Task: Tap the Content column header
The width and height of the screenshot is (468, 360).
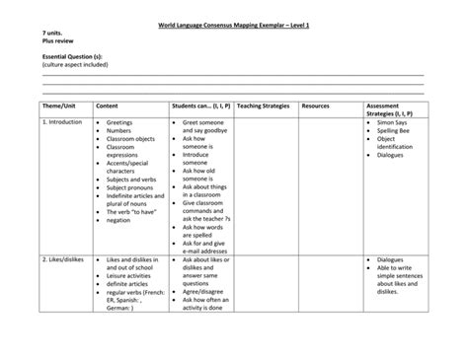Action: (x=108, y=104)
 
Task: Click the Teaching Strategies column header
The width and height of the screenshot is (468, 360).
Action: (x=264, y=104)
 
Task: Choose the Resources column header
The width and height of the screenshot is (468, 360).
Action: (x=315, y=104)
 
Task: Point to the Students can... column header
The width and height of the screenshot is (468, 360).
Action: (x=200, y=104)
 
